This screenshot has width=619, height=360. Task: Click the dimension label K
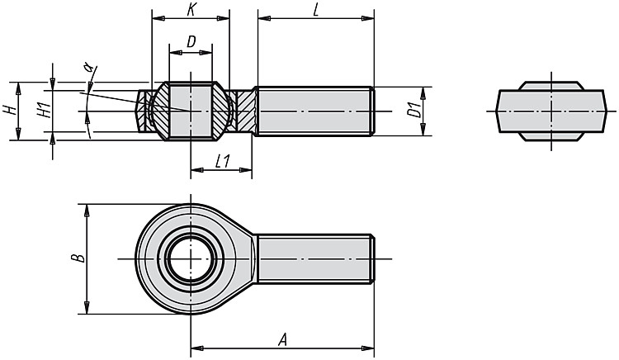coord(191,9)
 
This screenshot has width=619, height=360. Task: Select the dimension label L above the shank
coord(316,10)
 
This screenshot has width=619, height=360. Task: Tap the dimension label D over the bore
coord(191,41)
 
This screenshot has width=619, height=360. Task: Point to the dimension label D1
coord(413,111)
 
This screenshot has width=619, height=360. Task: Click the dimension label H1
coord(45,109)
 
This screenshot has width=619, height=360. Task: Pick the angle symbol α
coord(90,67)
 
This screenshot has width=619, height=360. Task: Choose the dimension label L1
coord(222,161)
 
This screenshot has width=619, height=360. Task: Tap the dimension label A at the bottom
coord(282,339)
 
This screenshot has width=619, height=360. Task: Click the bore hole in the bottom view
coord(191,259)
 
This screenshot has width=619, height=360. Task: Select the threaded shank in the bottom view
coord(315,259)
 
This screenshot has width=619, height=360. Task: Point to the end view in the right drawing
coord(551,111)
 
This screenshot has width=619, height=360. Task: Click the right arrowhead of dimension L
coord(368,18)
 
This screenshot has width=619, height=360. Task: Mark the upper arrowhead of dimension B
coord(87,211)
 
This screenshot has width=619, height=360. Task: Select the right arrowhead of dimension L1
coord(246,170)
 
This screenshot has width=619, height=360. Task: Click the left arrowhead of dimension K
coord(158,18)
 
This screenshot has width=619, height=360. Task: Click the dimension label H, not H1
coord(12,110)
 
